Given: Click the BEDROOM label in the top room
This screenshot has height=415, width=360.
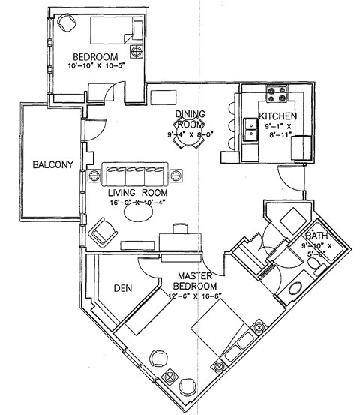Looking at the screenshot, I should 96,58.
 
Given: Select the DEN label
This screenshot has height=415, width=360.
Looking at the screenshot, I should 123,287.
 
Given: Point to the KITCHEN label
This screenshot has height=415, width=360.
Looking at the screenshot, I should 277,116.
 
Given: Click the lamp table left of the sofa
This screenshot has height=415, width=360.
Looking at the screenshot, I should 94,176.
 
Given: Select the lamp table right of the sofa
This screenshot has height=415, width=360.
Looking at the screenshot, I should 176,176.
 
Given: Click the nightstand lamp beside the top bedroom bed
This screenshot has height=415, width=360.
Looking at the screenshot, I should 137,52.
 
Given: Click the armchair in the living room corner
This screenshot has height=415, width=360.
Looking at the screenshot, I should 103,234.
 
